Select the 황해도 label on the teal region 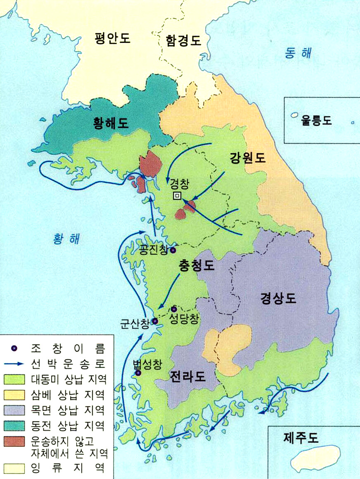[110, 123]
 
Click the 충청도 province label [197, 265]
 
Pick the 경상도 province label [278, 298]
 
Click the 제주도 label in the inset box [301, 438]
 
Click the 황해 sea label [66, 238]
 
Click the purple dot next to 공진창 [173, 250]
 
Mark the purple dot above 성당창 [174, 309]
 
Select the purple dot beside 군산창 [155, 321]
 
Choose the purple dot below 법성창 [139, 373]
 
